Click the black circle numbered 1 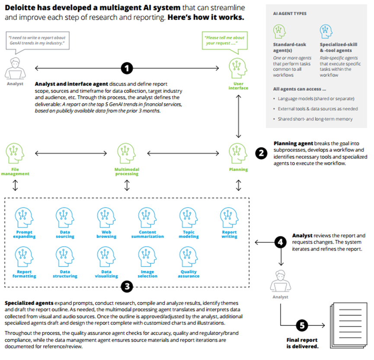127,68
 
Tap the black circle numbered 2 261,153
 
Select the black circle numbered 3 127,286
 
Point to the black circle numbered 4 281,242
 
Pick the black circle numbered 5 302,325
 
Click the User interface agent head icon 238,68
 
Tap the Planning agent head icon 238,153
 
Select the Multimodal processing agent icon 126,153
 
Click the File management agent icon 15,153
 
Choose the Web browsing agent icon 106,218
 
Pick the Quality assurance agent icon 189,257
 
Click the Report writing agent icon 229,218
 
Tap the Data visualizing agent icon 106,257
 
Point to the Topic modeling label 189,234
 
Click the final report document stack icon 348,325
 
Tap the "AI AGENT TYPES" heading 290,13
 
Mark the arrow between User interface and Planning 238,116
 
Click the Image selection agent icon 147,257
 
